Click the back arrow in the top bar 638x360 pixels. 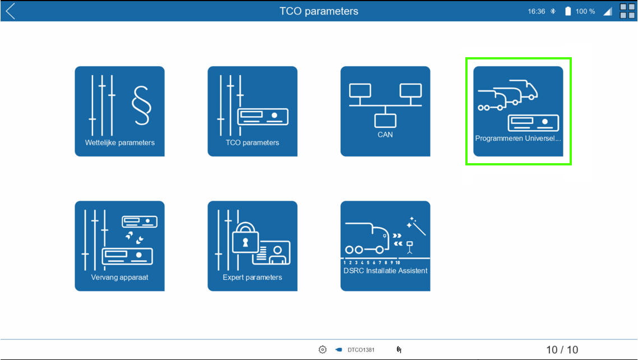pyautogui.click(x=11, y=11)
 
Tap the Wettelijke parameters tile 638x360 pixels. pyautogui.click(x=119, y=111)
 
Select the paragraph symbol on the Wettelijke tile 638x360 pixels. pyautogui.click(x=142, y=105)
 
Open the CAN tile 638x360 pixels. pyautogui.click(x=385, y=111)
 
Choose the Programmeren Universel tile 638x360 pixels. pyautogui.click(x=519, y=111)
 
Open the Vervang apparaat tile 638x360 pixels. pyautogui.click(x=119, y=246)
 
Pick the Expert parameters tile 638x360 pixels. pyautogui.click(x=252, y=246)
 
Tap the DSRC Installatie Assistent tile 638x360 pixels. pyautogui.click(x=385, y=246)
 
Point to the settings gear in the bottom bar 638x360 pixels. pyautogui.click(x=322, y=349)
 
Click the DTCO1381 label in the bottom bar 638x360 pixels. pyautogui.click(x=361, y=350)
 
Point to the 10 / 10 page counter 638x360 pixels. pyautogui.click(x=562, y=350)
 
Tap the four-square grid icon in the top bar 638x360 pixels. pyautogui.click(x=627, y=11)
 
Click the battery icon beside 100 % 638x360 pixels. pyautogui.click(x=568, y=11)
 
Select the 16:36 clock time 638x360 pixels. pyautogui.click(x=537, y=11)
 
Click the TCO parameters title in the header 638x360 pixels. pyautogui.click(x=319, y=11)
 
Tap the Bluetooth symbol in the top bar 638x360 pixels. pyautogui.click(x=553, y=11)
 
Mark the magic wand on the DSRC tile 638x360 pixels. pyautogui.click(x=417, y=226)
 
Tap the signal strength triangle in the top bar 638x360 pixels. pyautogui.click(x=608, y=11)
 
